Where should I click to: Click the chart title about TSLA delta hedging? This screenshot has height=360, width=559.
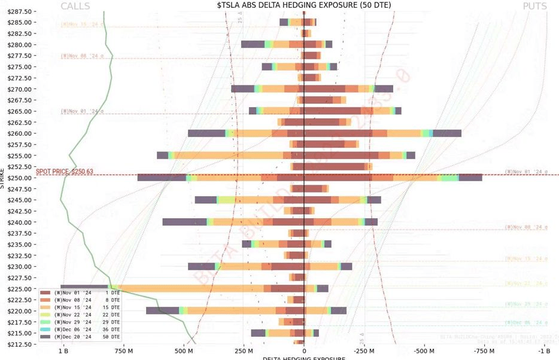click(304, 5)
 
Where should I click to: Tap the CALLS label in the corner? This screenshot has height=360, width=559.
click(75, 6)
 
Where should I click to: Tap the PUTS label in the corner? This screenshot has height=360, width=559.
click(534, 6)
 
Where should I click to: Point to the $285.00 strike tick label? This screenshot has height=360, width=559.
click(20, 22)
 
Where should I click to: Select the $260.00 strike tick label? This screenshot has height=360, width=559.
click(20, 133)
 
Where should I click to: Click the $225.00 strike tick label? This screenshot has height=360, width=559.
click(20, 289)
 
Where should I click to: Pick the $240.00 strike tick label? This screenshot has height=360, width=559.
click(20, 222)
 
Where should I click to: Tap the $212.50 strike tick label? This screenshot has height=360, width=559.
click(20, 344)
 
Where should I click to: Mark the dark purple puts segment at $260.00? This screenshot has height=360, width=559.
click(446, 133)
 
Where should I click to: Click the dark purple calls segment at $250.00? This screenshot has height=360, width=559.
click(162, 178)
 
